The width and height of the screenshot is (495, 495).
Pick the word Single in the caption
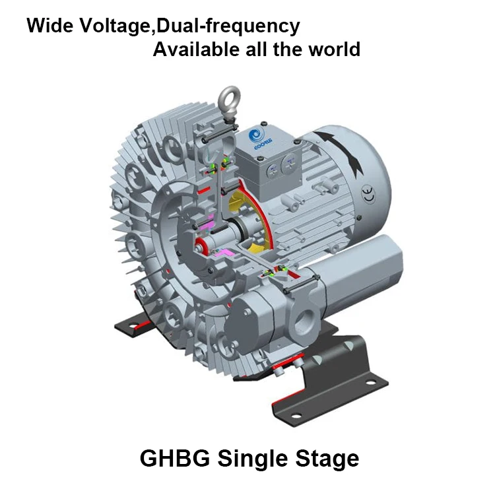tap(250, 458)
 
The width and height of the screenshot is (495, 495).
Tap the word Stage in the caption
tap(325, 458)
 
